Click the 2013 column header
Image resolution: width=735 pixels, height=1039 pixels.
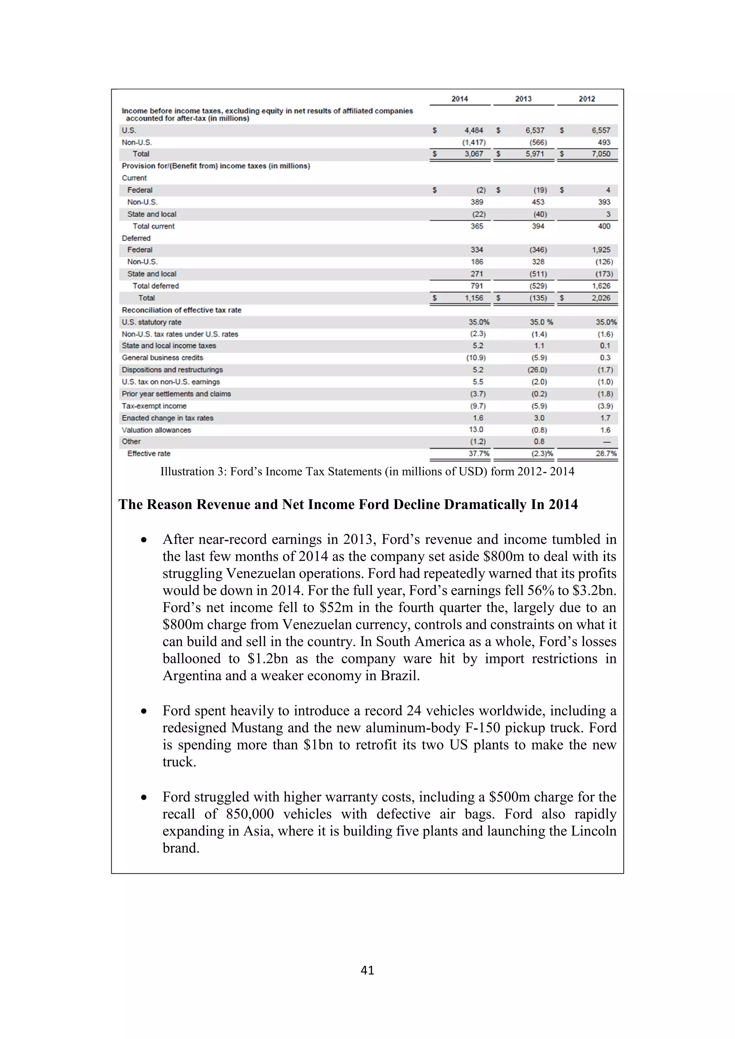coord(523,99)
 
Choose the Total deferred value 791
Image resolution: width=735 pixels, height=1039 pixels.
coord(477,286)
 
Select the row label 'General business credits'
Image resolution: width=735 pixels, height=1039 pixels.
coord(162,357)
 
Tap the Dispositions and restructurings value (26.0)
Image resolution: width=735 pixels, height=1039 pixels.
coord(537,370)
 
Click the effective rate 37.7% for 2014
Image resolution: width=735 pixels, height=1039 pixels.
coord(478,453)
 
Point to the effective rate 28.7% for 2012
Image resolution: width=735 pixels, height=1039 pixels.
coord(605,453)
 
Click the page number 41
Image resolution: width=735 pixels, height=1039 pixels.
coord(367,970)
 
